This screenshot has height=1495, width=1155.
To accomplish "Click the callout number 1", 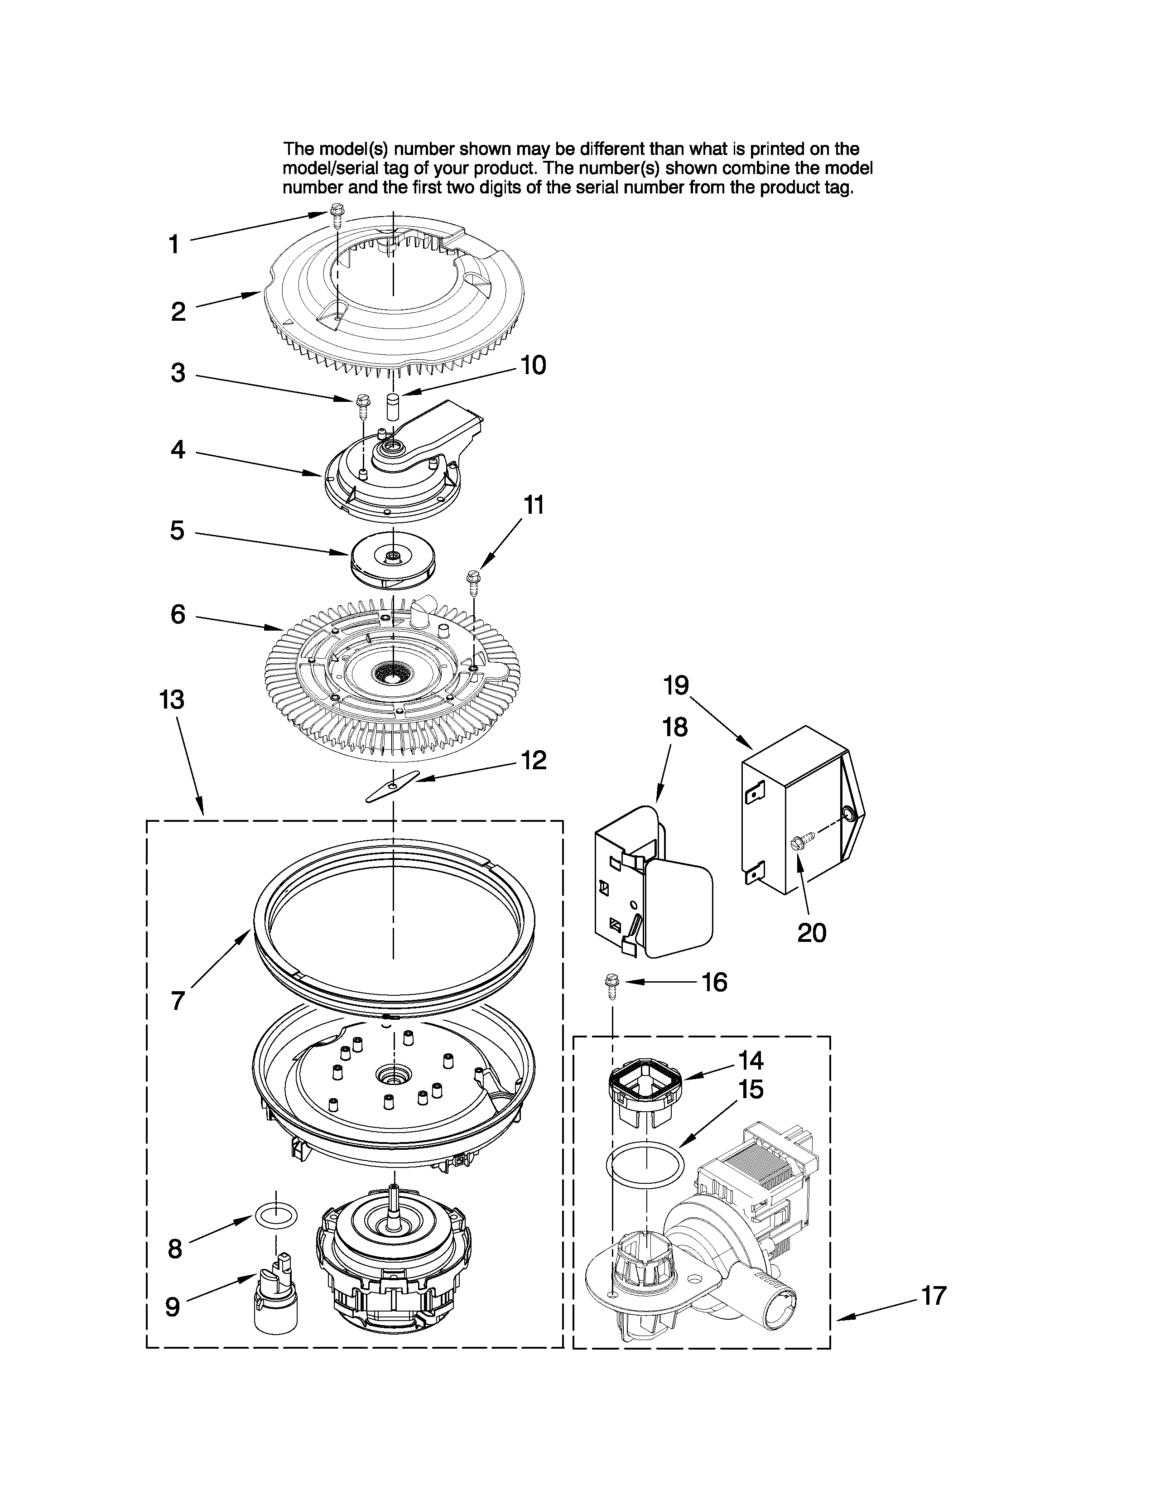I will click(174, 244).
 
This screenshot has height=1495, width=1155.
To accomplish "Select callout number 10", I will click(533, 366).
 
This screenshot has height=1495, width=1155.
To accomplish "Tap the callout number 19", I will click(676, 685).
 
